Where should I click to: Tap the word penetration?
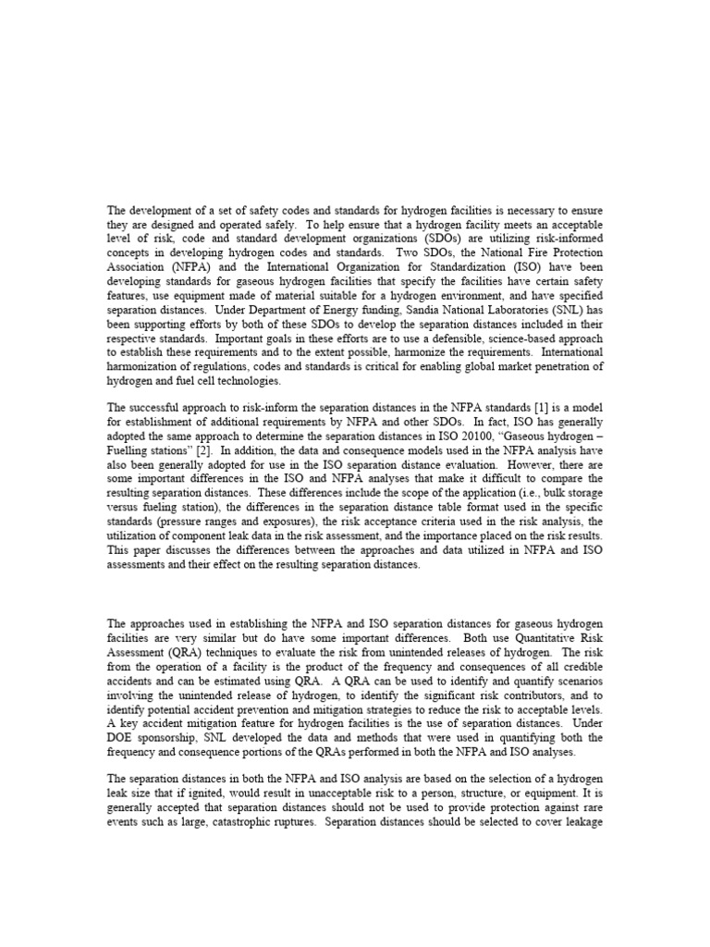(x=557, y=367)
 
